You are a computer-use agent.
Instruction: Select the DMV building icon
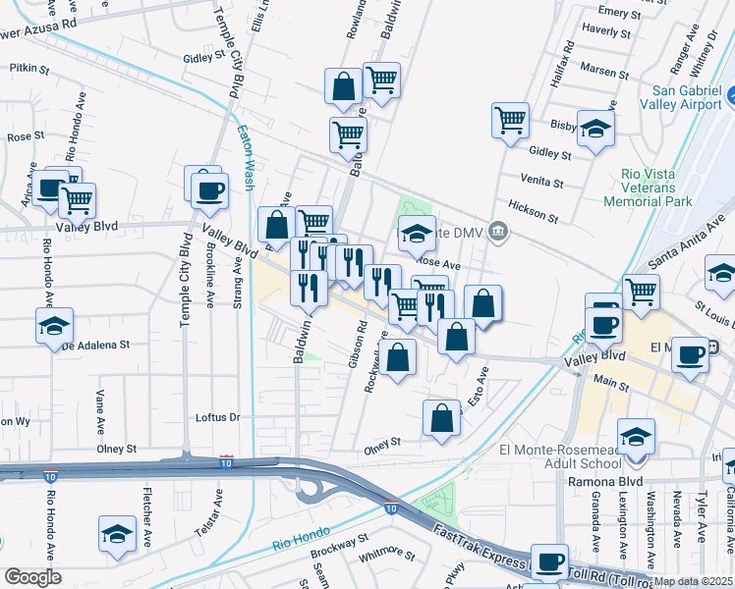[499, 232]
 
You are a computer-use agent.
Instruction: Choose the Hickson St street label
[535, 216]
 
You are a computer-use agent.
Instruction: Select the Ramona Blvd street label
[605, 482]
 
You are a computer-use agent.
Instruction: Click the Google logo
[32, 576]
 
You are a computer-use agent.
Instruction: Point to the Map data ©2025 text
[693, 581]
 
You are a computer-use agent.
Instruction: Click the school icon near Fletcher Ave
[117, 533]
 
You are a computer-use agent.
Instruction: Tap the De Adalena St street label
[96, 346]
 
